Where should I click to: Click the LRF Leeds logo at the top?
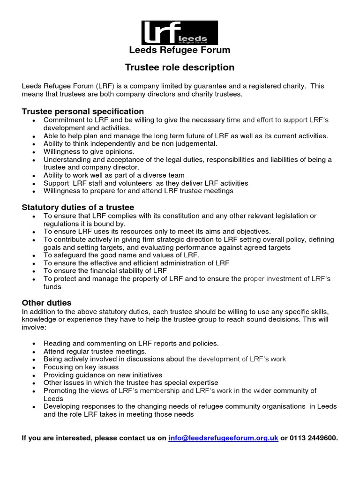180,33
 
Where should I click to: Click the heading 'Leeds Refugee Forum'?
180,50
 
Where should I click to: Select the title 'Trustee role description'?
180,67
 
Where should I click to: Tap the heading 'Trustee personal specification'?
83,111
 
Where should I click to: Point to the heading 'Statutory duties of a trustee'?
78,207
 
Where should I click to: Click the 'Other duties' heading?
46,303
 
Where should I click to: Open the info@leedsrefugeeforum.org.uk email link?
223,438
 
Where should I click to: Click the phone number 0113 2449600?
314,438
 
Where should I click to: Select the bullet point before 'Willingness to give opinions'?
34,152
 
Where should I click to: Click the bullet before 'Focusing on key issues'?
34,367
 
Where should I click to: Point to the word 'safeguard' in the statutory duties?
68,255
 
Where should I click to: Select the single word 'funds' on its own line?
52,287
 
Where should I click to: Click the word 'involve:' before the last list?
34,328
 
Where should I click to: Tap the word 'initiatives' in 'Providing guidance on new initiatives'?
144,375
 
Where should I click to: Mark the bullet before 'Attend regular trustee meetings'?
34,352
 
